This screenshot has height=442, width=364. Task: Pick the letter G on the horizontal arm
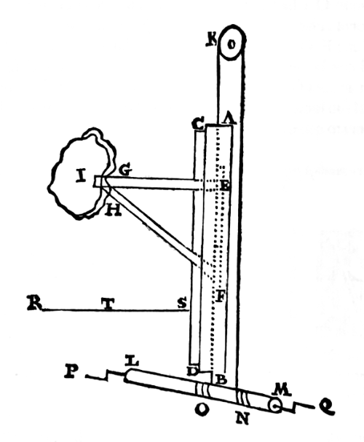click(x=124, y=172)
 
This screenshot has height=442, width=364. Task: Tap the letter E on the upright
click(x=226, y=186)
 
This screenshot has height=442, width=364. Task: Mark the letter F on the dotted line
click(x=221, y=297)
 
